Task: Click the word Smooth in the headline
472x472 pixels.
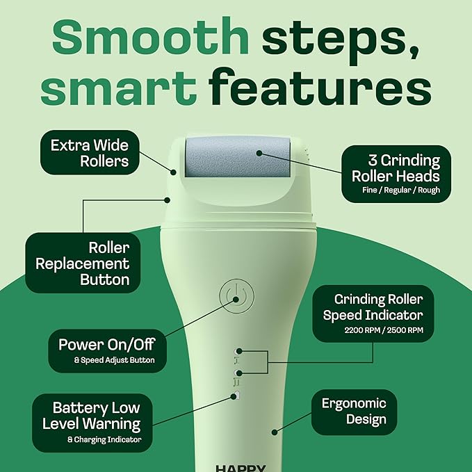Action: point(151,40)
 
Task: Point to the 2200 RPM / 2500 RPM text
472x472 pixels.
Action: point(383,331)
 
